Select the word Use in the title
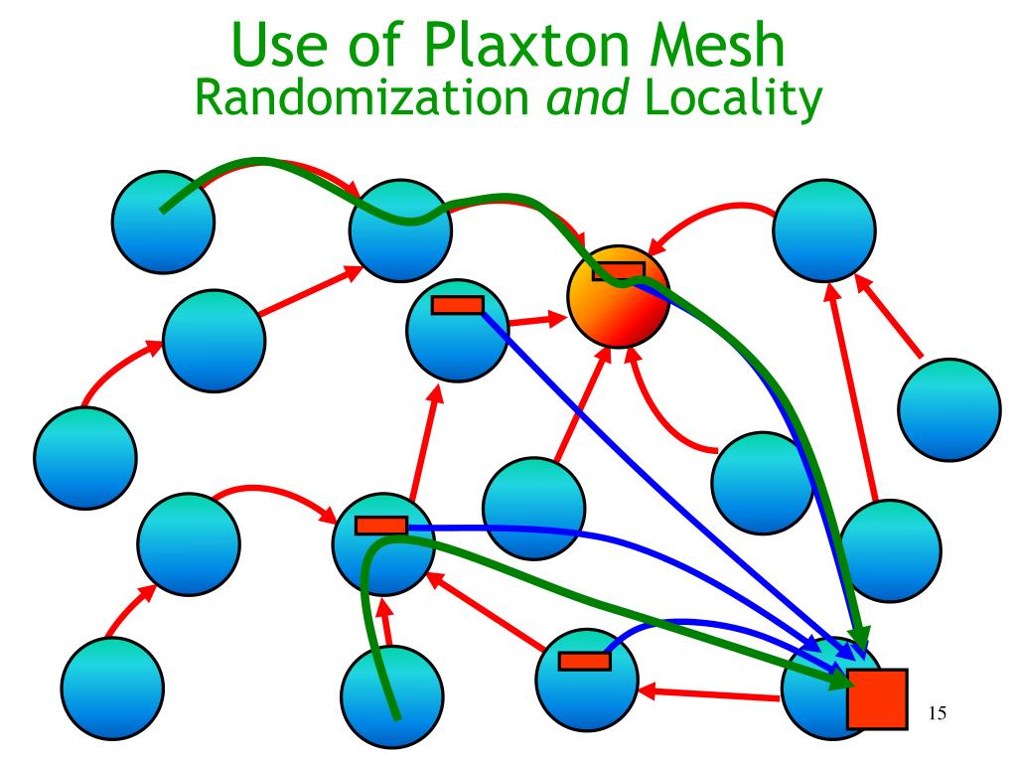pos(285,45)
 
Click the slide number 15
pos(936,712)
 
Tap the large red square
pos(877,697)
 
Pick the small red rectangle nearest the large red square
pos(584,661)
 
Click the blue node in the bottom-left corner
pos(111,688)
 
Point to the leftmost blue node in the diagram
pos(84,458)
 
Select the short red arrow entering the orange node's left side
pos(537,321)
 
